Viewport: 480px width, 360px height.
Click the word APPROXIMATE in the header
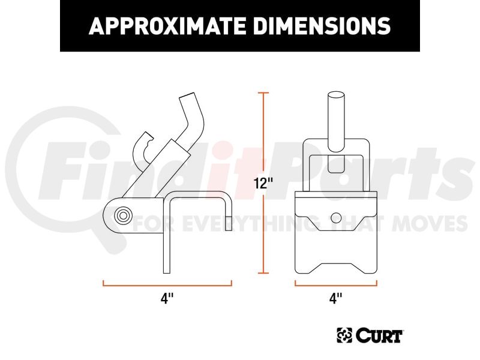167,26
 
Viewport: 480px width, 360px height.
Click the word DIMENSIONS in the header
322,26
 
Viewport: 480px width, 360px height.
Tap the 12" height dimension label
263,184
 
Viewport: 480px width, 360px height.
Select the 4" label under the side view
167,298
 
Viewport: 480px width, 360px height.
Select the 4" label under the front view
336,298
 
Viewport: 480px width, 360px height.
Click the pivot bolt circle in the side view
123,215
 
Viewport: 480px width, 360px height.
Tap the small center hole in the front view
336,217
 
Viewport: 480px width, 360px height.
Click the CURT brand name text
379,335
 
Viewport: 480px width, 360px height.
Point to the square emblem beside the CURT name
344,335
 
